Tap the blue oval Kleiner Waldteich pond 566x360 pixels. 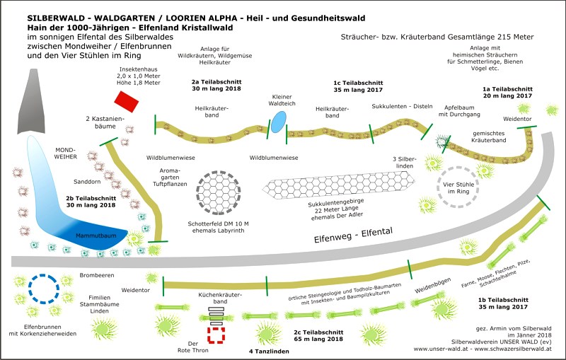279,121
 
